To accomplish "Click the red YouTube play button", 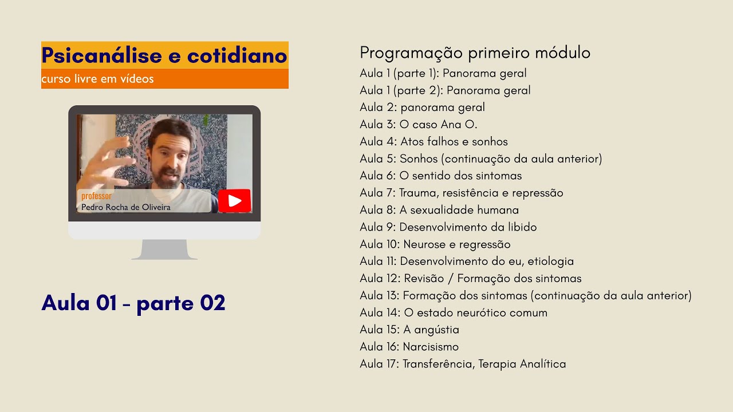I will (x=234, y=201).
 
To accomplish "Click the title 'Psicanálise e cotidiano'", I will (x=164, y=56).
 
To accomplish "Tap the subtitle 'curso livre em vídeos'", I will (x=97, y=79).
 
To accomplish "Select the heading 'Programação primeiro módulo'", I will (x=475, y=53).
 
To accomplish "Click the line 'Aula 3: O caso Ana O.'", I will (x=418, y=124).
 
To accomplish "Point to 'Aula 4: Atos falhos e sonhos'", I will (x=434, y=141).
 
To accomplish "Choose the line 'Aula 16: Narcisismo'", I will (x=409, y=346).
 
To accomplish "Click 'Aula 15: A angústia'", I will (x=409, y=329).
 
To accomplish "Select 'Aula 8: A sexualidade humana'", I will (x=439, y=209).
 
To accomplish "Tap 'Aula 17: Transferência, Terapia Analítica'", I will (x=463, y=363).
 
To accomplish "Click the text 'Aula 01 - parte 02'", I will (x=133, y=303).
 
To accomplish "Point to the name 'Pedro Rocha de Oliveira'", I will (x=126, y=207).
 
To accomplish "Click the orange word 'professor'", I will (x=96, y=196).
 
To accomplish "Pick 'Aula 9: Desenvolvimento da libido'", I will (x=448, y=227).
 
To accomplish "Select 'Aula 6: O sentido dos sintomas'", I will (x=440, y=176).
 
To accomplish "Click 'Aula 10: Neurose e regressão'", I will (x=435, y=244).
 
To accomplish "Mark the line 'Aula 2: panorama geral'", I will (x=422, y=107).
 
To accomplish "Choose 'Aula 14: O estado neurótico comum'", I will (x=453, y=312).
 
